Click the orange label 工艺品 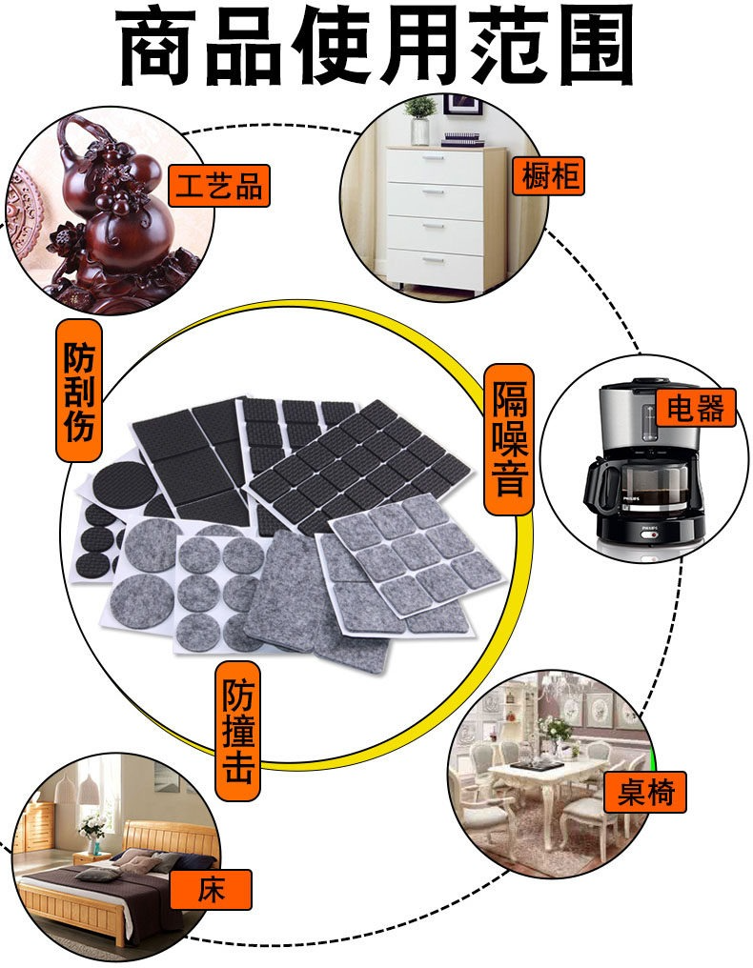click(219, 186)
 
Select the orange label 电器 click(696, 408)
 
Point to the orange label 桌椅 click(647, 792)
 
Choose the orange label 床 click(212, 890)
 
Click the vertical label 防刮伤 click(79, 391)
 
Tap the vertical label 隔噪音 click(509, 439)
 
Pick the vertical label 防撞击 click(238, 731)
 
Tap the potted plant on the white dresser click(420, 120)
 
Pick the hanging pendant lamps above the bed click(76, 787)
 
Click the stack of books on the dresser click(462, 138)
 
